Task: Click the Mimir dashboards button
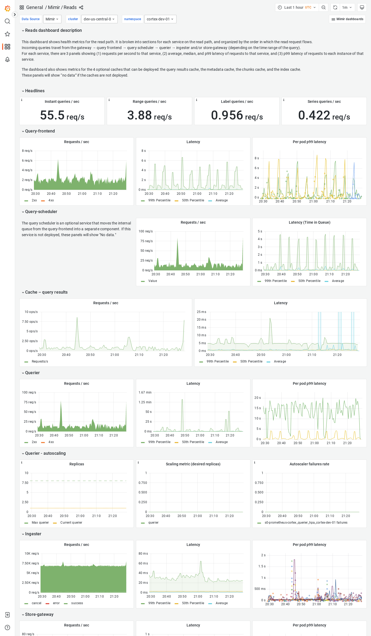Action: [347, 19]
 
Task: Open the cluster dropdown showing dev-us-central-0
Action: [99, 19]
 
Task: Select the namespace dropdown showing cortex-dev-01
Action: [160, 19]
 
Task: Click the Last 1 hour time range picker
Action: [297, 7]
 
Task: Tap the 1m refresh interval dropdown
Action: [347, 7]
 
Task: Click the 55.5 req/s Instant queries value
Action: [62, 115]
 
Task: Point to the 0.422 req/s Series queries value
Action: [324, 115]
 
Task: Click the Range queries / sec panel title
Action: [149, 101]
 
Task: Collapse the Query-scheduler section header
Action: [41, 211]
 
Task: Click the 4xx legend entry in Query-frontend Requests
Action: [51, 200]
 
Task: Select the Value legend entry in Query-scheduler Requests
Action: [152, 281]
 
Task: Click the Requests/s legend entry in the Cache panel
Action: [40, 361]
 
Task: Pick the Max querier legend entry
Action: [40, 523]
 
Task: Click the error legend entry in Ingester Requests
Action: [56, 603]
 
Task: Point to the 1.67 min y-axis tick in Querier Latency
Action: [145, 392]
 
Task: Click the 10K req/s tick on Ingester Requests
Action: [32, 554]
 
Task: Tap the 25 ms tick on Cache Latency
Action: [201, 312]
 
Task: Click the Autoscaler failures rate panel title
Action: [309, 464]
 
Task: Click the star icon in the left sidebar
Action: [7, 34]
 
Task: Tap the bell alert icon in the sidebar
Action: [7, 59]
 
